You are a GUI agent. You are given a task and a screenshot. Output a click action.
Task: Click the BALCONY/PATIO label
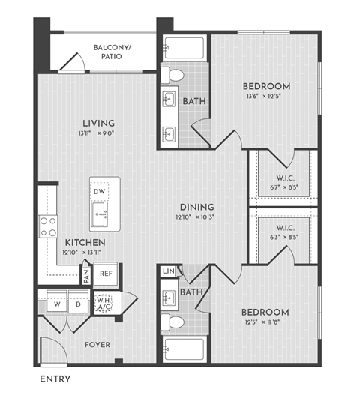pos(112,52)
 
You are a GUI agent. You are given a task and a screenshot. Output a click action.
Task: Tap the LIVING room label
pos(99,123)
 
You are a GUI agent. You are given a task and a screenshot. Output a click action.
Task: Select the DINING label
pos(197,207)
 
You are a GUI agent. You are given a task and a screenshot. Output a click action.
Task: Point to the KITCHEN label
pos(84,243)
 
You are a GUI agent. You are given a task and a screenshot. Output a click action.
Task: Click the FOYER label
pos(97,345)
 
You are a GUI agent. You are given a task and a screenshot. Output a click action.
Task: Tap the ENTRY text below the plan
pos(55,379)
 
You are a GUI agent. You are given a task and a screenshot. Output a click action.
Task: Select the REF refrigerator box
pos(106,274)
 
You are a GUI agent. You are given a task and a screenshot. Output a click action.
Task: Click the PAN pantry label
pos(87,275)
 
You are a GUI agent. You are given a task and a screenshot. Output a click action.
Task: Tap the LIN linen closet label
pos(169,271)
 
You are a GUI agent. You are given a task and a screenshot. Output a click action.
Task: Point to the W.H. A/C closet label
pos(103,304)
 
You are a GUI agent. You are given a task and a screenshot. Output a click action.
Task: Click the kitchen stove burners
pos(49,226)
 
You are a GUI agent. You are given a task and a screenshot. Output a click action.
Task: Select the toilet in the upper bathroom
pos(175,75)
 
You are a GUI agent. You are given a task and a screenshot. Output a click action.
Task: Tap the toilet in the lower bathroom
pos(175,322)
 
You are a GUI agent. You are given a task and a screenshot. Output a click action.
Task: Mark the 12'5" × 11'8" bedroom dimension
pos(265,323)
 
